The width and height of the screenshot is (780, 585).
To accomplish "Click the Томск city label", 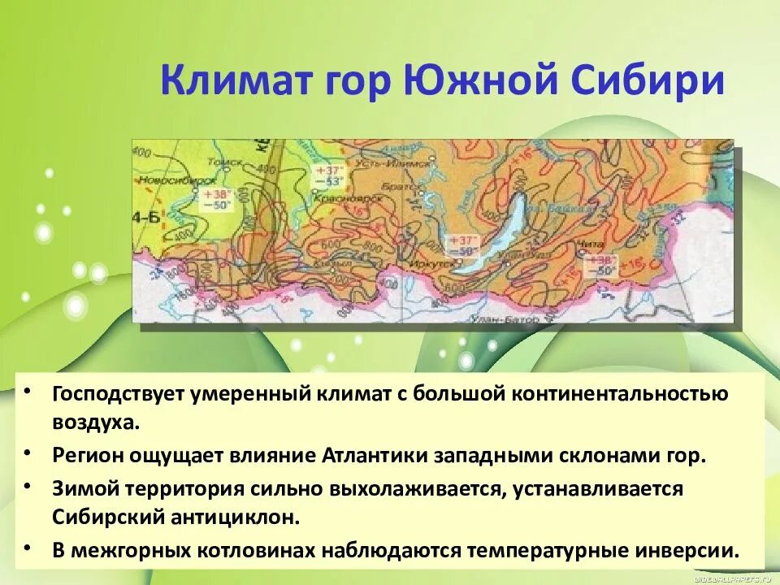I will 243,161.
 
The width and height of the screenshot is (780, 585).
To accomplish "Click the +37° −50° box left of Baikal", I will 461,245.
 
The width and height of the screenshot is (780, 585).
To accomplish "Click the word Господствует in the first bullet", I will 118,393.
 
